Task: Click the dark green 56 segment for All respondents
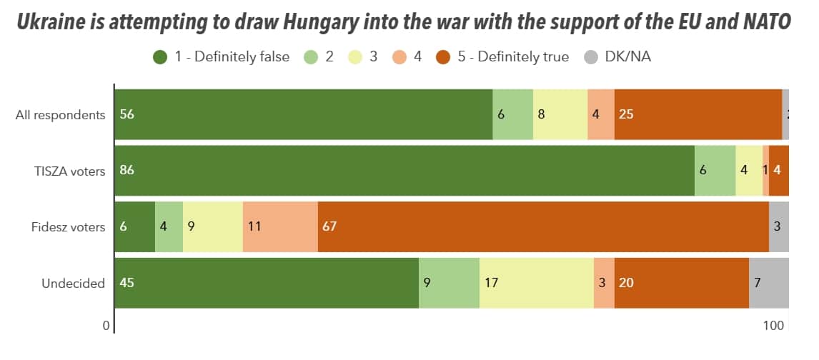[x=303, y=114]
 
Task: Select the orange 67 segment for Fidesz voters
[x=543, y=227]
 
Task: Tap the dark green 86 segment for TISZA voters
[x=404, y=171]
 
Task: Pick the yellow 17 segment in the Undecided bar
[x=536, y=283]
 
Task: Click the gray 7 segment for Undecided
[x=768, y=283]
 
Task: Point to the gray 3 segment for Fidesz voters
[x=778, y=227]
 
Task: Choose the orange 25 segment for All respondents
[x=698, y=114]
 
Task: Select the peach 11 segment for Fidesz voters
[x=280, y=227]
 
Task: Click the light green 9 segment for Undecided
[x=449, y=283]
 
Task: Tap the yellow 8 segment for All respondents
[x=560, y=114]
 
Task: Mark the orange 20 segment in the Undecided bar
[x=681, y=283]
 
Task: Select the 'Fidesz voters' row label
[x=69, y=227]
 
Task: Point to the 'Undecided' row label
[x=73, y=284]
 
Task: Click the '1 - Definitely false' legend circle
[x=161, y=56]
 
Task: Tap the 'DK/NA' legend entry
[x=617, y=56]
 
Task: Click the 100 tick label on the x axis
[x=774, y=326]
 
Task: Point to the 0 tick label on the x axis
[x=106, y=326]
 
